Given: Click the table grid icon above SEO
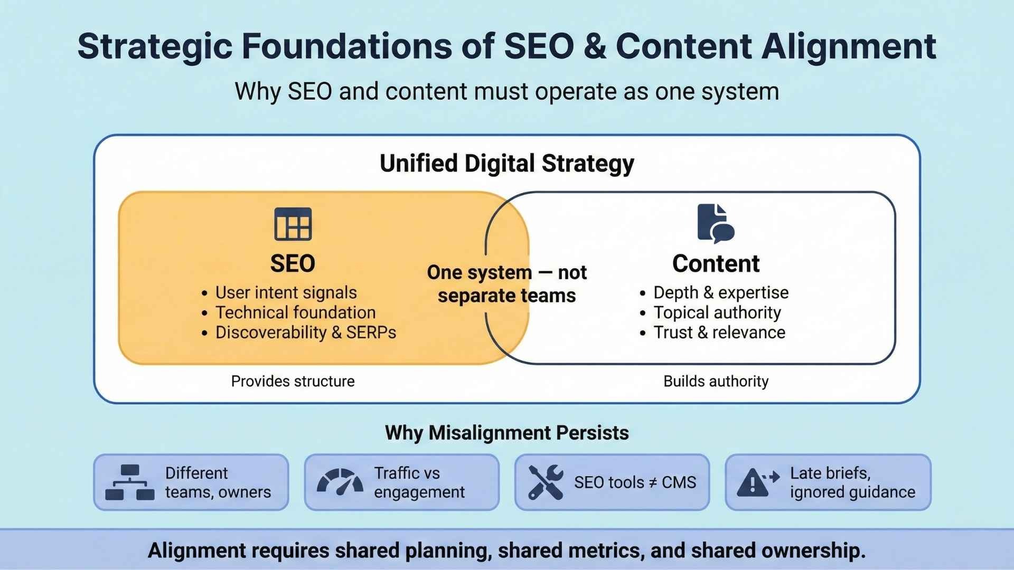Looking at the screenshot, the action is [293, 224].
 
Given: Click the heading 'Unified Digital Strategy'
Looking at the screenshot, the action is [507, 164].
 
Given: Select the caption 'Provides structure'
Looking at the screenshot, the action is [293, 381].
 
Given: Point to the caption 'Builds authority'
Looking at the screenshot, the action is [716, 381].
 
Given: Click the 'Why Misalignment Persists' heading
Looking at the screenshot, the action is [507, 433].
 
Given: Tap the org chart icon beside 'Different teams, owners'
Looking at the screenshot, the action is [130, 482].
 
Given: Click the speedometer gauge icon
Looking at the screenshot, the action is [340, 481].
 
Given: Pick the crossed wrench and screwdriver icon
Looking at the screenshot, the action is [546, 482].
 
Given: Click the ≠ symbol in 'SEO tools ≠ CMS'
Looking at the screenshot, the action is [653, 482].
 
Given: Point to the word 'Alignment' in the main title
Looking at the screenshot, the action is [849, 46].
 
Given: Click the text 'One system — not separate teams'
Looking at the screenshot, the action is [507, 284].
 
